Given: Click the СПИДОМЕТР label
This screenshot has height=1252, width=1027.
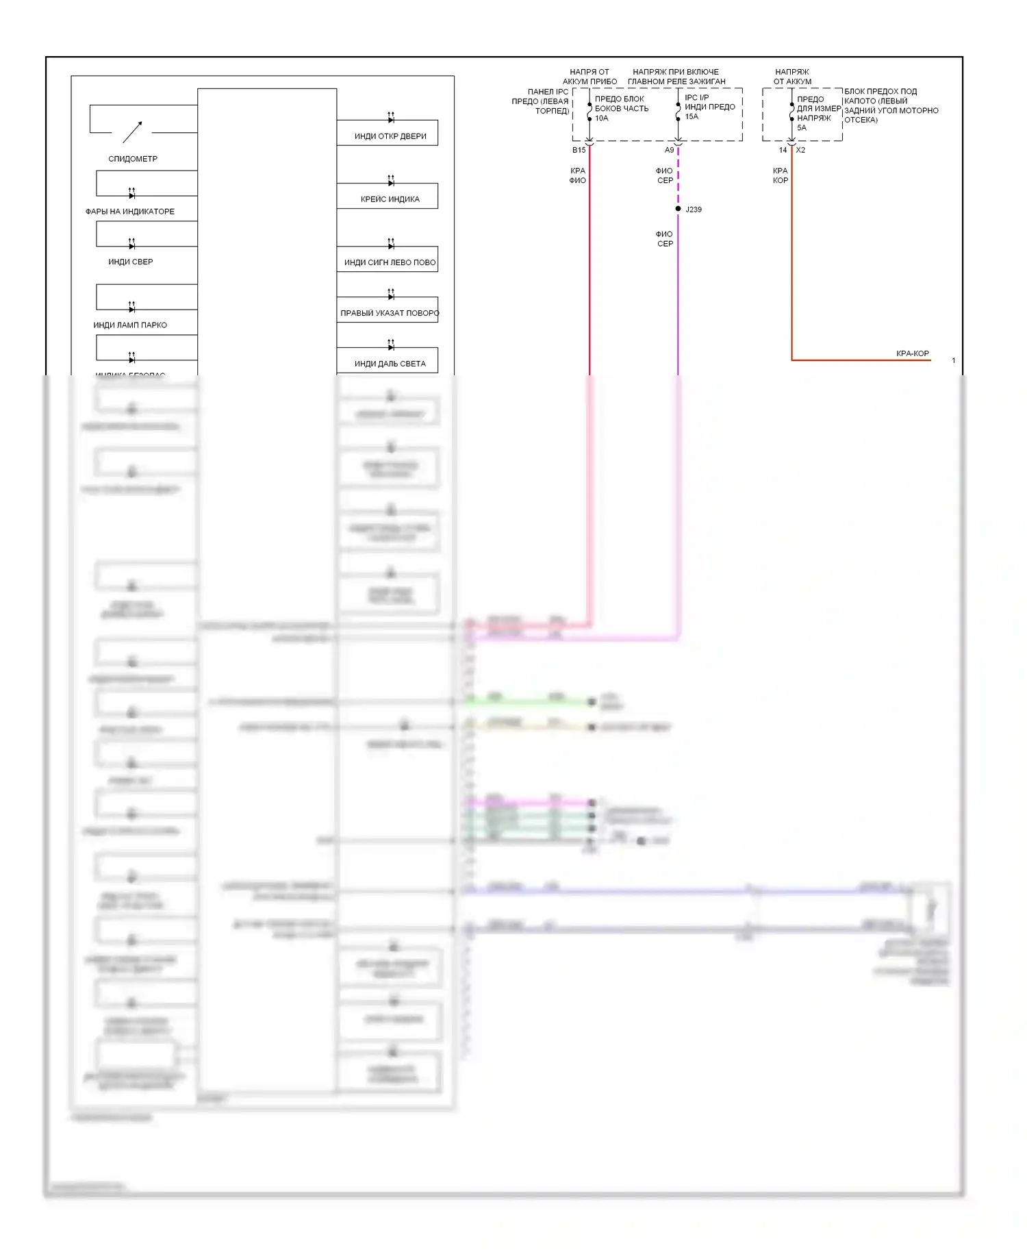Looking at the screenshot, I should (133, 159).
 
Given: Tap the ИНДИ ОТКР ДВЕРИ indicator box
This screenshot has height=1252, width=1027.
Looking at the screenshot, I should (388, 133).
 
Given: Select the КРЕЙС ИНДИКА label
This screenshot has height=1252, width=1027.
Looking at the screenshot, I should (390, 199).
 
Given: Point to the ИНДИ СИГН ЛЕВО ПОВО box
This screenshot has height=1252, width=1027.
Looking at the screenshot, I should (388, 260).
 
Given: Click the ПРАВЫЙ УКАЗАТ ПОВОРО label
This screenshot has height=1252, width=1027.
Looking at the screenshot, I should (390, 313).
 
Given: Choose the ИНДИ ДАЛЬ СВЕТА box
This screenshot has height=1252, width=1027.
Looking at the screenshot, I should (388, 361).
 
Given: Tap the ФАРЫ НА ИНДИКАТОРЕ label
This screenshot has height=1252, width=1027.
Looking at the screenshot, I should (130, 212).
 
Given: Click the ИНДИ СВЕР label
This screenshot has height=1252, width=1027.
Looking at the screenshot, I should (131, 262).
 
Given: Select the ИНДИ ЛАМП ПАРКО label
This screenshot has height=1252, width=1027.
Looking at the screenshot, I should (130, 325).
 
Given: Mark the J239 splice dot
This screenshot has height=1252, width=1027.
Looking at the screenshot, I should (678, 209).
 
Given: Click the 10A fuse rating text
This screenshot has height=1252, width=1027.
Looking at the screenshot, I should (602, 118).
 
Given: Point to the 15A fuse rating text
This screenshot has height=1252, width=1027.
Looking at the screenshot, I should (692, 116).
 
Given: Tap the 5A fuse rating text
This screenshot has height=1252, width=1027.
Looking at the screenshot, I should (802, 128).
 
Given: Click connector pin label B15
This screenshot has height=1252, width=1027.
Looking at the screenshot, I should (579, 150).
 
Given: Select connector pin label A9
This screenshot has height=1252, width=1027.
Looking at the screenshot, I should (669, 150).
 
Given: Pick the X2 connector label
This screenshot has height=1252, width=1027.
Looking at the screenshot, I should (800, 150).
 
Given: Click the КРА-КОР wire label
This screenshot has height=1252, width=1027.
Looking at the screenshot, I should (912, 353).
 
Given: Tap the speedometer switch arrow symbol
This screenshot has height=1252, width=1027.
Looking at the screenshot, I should (133, 131).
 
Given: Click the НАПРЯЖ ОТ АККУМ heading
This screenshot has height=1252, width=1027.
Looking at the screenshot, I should (792, 77).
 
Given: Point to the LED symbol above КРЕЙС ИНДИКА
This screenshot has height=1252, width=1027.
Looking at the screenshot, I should (391, 181).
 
